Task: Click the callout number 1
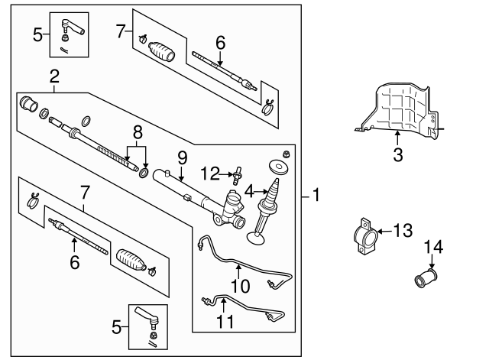(316, 196)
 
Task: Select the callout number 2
(54, 76)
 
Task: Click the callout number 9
(182, 158)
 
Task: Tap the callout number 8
(137, 131)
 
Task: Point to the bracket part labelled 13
(365, 238)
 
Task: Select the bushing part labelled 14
(423, 277)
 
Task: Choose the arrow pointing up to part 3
(397, 138)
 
